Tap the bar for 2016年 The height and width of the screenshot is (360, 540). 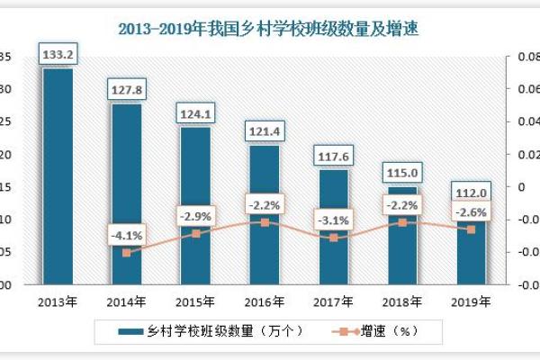tap(264, 216)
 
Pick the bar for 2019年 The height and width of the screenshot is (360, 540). tap(471, 247)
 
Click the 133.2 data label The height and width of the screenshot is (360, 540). tap(58, 56)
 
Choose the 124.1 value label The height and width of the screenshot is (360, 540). tap(195, 114)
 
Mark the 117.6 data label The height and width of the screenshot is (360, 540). tap(333, 157)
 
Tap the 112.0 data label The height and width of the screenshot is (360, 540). tap(471, 193)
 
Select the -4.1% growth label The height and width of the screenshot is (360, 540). tap(126, 237)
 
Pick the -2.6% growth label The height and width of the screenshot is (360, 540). tap(471, 212)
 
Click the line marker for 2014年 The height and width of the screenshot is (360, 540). tap(127, 253)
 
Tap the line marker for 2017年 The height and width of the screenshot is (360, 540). tap(333, 238)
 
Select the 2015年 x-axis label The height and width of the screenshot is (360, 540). tap(195, 301)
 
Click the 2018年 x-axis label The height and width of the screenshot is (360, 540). tap(401, 301)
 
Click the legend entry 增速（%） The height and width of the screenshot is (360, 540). tap(387, 331)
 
